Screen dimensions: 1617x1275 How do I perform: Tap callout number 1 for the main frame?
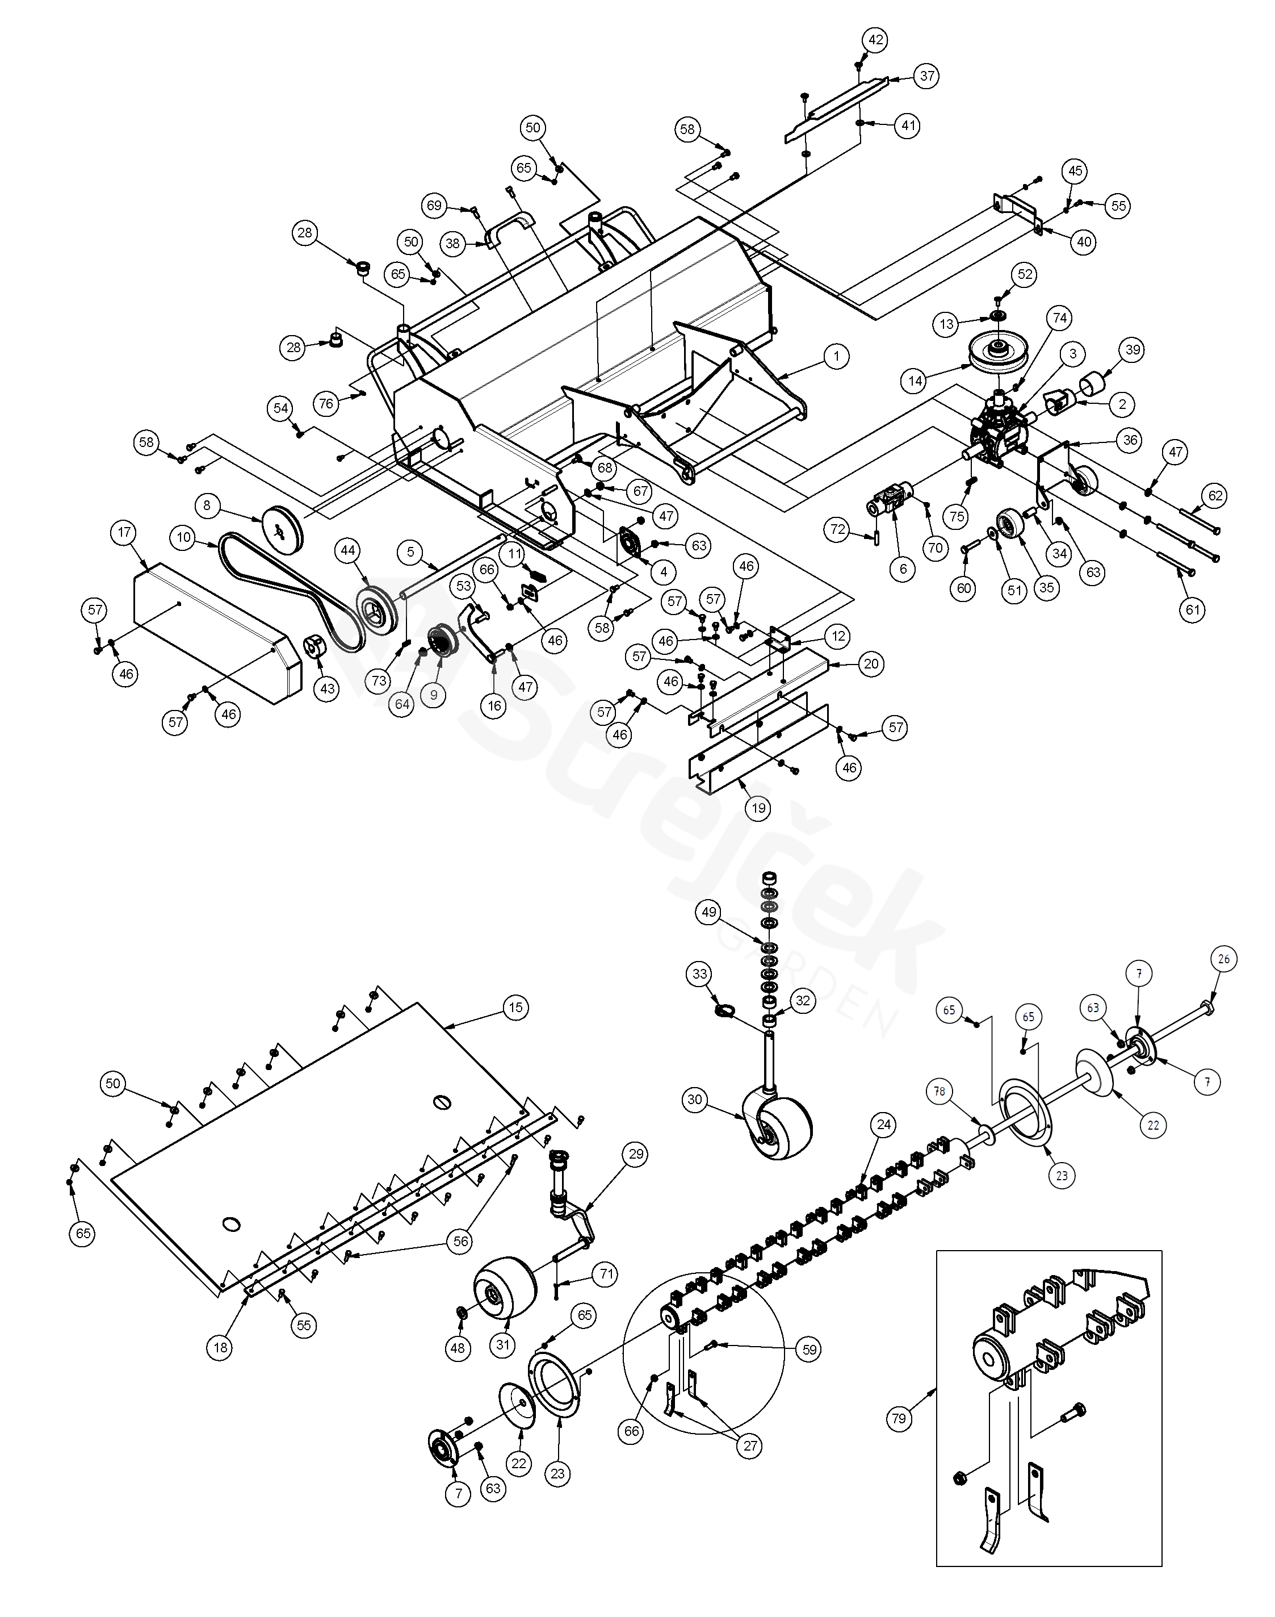[x=836, y=356]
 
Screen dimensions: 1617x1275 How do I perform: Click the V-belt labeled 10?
[x=291, y=590]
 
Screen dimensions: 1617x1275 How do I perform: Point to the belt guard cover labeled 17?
[x=216, y=638]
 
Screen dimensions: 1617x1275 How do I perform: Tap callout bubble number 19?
[x=758, y=808]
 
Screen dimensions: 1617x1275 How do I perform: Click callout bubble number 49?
[x=709, y=912]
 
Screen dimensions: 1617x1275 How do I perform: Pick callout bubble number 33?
[x=699, y=974]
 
